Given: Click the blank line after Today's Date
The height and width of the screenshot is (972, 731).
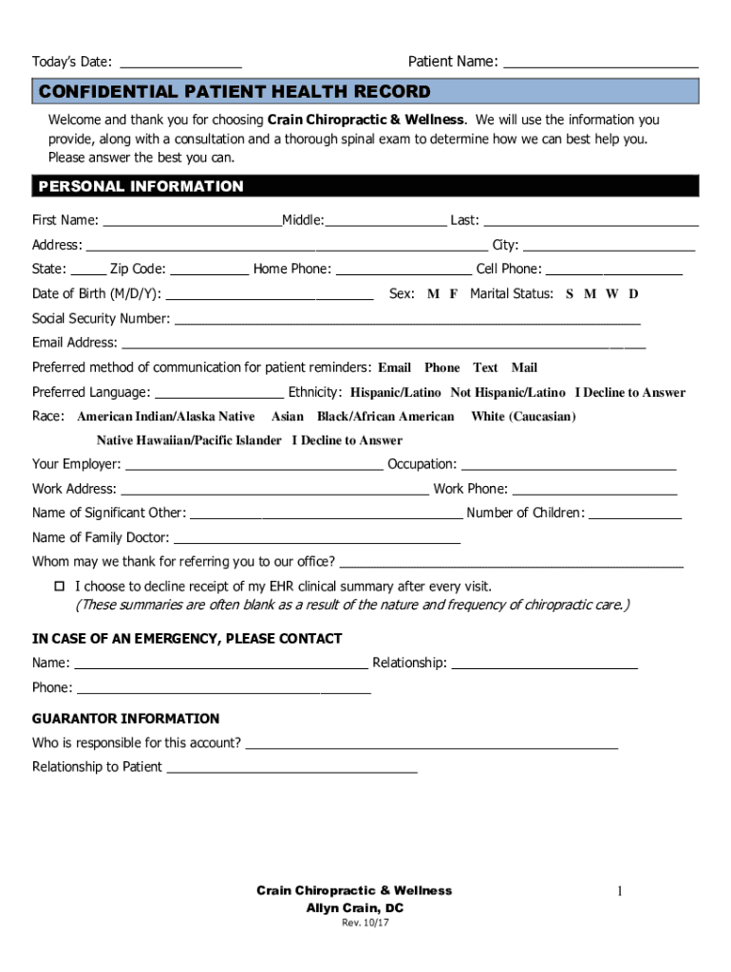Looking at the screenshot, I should tap(180, 63).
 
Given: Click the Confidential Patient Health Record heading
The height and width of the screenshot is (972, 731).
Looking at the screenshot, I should tap(234, 92).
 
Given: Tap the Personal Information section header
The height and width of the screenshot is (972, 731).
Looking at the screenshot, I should tap(141, 186).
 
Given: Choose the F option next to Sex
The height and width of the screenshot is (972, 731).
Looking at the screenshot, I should tap(454, 294).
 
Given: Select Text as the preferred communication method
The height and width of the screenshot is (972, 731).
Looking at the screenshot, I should tap(485, 368).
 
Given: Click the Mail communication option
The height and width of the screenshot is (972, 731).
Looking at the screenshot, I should tap(524, 368).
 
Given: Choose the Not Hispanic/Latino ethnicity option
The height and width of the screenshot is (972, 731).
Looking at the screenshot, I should tap(507, 393).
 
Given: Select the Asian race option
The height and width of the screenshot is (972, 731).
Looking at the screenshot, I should tap(288, 417).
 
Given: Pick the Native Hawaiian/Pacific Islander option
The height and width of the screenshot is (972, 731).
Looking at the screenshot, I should tap(189, 440).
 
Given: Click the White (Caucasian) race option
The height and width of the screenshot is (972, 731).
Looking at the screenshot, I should tap(523, 417).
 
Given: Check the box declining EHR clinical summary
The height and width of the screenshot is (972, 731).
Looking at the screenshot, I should tap(59, 587).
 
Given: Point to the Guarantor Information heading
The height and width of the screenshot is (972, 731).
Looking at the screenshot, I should tap(125, 719).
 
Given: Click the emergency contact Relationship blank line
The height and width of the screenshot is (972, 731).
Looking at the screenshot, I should tap(544, 664).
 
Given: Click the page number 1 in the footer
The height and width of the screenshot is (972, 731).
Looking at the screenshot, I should tap(619, 890).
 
